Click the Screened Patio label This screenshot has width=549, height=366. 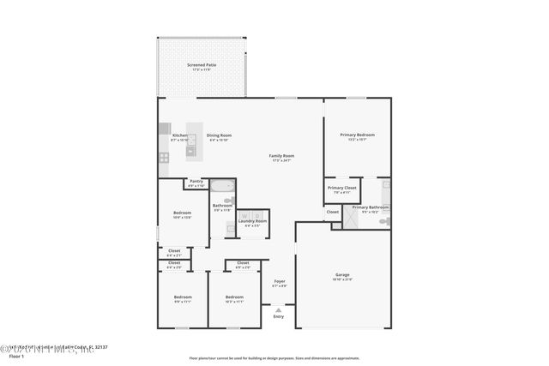point(202,65)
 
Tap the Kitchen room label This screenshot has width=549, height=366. point(179,135)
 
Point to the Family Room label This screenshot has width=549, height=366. point(281,156)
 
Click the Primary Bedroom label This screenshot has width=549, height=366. point(357,135)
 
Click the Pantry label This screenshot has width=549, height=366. point(196,182)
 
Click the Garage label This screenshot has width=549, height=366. point(342,275)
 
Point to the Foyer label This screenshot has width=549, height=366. point(280,281)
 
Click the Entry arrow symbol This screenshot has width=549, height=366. point(278,310)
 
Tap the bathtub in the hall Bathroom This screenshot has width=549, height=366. point(222,188)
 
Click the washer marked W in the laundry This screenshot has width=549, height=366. point(244,215)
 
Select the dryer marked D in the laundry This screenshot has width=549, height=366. point(256,215)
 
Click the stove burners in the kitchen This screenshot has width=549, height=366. point(163,157)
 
